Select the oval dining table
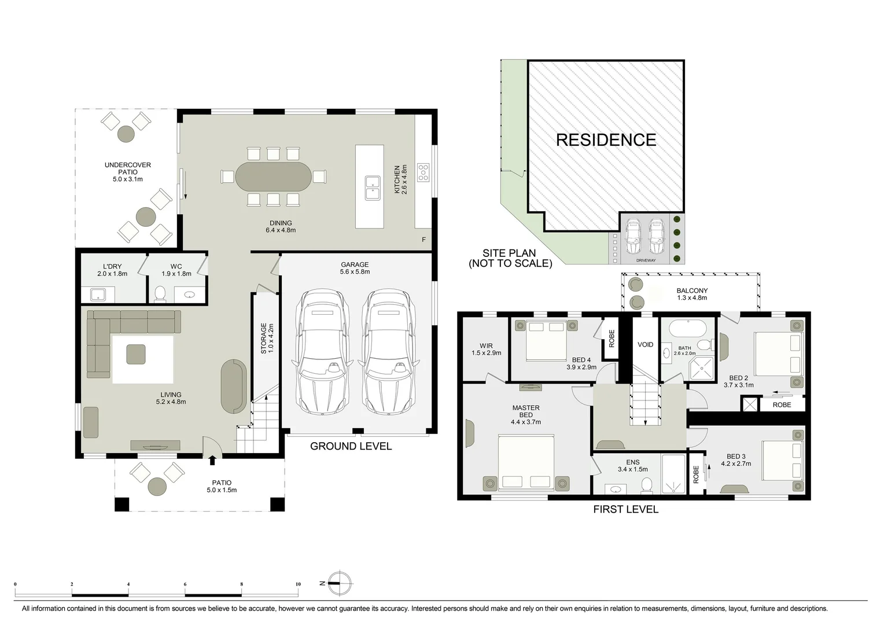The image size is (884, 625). (273, 177)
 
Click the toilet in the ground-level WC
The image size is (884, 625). (160, 294)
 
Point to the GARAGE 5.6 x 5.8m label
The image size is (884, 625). (355, 268)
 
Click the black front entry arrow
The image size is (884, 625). (212, 459)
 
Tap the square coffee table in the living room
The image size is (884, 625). (137, 354)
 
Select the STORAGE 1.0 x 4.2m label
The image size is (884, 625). (267, 339)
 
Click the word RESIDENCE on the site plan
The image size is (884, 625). (606, 140)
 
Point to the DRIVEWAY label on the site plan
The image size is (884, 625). (646, 260)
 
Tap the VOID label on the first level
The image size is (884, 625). (645, 344)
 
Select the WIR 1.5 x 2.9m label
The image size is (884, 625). (486, 350)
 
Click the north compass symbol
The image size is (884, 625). (340, 583)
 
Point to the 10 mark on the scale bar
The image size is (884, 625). (298, 584)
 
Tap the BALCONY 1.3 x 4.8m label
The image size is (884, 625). (692, 295)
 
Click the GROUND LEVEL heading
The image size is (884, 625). (351, 446)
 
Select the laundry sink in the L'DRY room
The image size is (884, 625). (97, 295)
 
